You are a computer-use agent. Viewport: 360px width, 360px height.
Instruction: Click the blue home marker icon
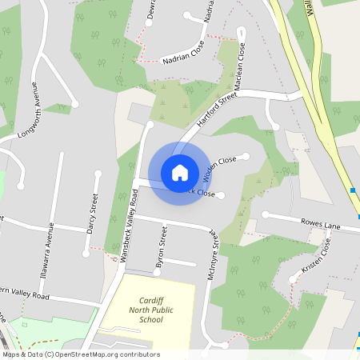180,172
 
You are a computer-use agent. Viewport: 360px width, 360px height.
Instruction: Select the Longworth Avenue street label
26,115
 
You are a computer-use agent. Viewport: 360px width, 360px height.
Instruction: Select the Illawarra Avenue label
50,242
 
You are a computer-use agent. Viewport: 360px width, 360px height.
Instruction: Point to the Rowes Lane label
320,226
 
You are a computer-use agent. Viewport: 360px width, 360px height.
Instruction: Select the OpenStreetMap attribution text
81,354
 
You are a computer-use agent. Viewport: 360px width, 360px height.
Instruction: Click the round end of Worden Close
247,155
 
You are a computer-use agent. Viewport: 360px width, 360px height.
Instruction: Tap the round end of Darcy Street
98,174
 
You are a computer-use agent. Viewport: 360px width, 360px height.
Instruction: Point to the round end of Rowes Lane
265,214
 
